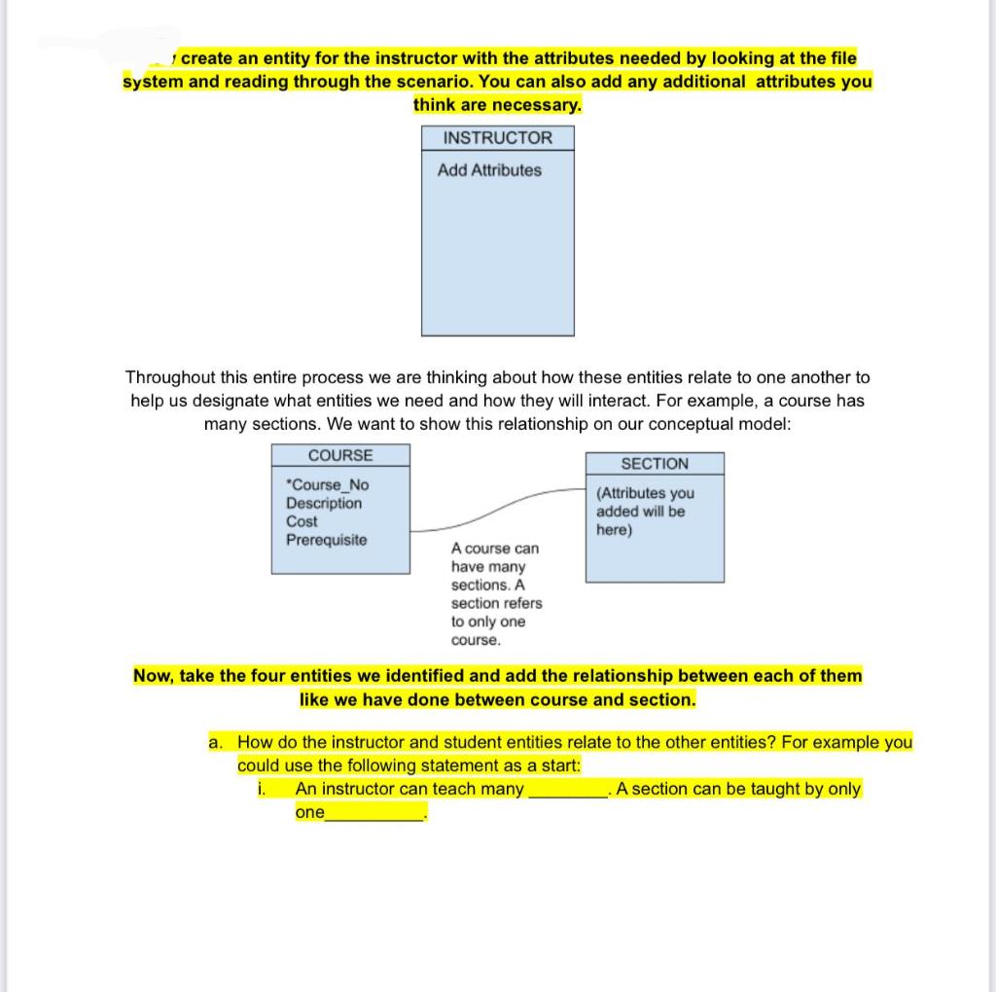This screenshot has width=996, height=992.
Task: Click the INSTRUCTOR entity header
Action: (x=497, y=138)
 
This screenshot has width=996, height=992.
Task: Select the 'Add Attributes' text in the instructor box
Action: (x=489, y=170)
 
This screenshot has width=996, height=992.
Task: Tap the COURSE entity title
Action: (x=340, y=455)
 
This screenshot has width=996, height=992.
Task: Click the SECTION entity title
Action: (x=655, y=464)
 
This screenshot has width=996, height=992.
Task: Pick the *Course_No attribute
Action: (x=328, y=484)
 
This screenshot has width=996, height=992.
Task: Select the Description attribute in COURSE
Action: (x=324, y=503)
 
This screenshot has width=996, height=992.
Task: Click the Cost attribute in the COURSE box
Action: (x=302, y=521)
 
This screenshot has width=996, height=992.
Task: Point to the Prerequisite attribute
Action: (x=327, y=540)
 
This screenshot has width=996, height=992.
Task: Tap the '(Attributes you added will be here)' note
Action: (x=645, y=512)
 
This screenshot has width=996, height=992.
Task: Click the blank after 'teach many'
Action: (x=567, y=790)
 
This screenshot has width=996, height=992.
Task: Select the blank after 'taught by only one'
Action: (x=375, y=814)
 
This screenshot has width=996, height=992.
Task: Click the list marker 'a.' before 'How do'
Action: (x=216, y=742)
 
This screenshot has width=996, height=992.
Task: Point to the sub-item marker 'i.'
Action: (x=262, y=789)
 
